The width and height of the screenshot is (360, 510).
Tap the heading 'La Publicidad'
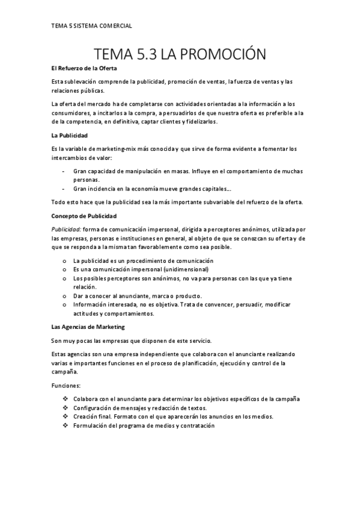[70, 136]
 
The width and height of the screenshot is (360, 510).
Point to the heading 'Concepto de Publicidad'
[84, 215]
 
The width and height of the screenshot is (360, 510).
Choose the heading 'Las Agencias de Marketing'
[88, 327]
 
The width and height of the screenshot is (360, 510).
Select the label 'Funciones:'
[66, 386]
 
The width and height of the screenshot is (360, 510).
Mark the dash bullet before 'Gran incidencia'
[64, 188]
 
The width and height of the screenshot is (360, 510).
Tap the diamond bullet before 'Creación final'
[64, 416]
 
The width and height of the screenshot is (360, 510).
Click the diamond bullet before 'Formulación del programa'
[64, 425]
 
